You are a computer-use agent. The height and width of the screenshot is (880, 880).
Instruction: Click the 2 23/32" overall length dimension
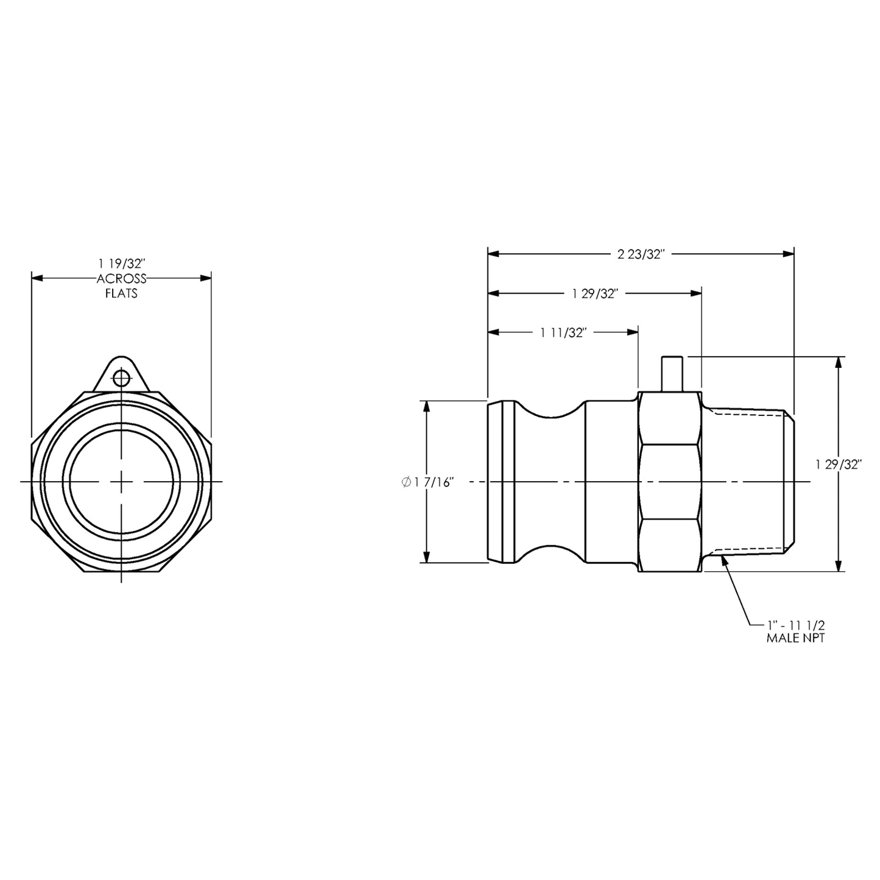point(639,255)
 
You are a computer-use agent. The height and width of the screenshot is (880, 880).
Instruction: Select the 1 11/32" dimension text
point(563,333)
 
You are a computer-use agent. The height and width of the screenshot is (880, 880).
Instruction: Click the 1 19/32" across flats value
point(122,264)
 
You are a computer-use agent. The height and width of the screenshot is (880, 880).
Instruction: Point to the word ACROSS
point(122,279)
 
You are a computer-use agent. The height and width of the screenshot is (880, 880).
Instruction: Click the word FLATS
point(122,294)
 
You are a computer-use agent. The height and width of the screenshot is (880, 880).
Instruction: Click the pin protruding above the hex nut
point(671,373)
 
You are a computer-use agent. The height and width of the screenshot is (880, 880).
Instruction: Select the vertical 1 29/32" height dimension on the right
point(839,465)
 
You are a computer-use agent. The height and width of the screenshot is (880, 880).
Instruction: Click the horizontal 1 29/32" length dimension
point(595,294)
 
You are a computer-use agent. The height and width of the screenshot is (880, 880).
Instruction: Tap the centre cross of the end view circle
point(122,482)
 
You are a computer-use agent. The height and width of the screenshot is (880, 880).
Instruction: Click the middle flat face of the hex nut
point(669,482)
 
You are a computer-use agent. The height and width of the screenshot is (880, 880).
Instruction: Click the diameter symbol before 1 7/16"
point(406,482)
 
